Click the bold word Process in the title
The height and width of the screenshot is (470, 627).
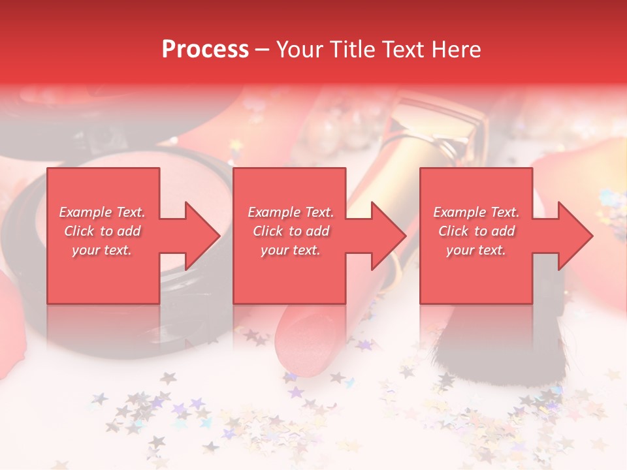click(205, 50)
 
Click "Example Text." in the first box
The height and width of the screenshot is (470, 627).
click(102, 212)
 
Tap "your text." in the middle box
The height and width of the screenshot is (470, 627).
click(291, 250)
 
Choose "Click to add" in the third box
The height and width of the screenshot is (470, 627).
click(476, 231)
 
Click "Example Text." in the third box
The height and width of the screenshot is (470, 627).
click(476, 212)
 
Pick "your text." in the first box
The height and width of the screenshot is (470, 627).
click(102, 250)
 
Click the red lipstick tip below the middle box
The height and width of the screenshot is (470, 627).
click(306, 339)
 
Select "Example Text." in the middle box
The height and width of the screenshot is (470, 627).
click(291, 212)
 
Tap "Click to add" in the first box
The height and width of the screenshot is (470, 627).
click(102, 231)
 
